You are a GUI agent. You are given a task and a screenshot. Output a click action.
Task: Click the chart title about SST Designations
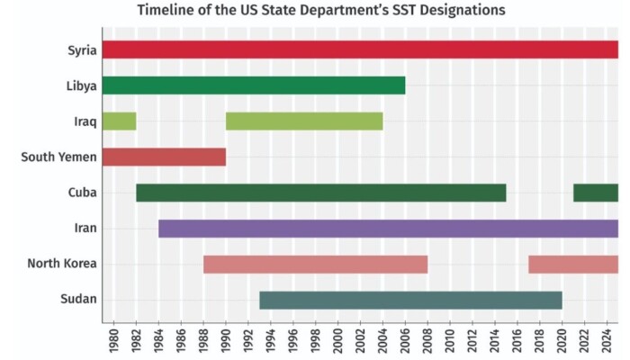(321, 10)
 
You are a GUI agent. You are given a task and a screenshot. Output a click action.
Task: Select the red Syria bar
(360, 49)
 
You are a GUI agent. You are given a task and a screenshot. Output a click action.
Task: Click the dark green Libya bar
(253, 85)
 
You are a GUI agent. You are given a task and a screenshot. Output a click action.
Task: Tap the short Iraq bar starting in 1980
(119, 121)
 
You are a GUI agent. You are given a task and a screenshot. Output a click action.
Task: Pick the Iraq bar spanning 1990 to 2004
(304, 121)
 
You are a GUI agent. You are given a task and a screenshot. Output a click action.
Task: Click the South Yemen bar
(163, 157)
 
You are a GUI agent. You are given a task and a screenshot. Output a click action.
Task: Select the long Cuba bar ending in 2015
(320, 193)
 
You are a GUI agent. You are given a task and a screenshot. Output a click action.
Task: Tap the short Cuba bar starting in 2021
(596, 193)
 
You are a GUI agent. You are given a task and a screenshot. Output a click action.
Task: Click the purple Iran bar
(388, 229)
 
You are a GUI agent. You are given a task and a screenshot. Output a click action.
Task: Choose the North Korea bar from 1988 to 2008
(315, 264)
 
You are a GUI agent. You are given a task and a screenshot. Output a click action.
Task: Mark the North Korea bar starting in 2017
(573, 264)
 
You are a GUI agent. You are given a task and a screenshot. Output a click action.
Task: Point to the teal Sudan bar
(410, 300)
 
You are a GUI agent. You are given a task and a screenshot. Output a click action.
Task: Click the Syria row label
(82, 49)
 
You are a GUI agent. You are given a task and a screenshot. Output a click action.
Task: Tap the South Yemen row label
(58, 157)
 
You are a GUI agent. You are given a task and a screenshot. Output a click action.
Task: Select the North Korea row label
(62, 264)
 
